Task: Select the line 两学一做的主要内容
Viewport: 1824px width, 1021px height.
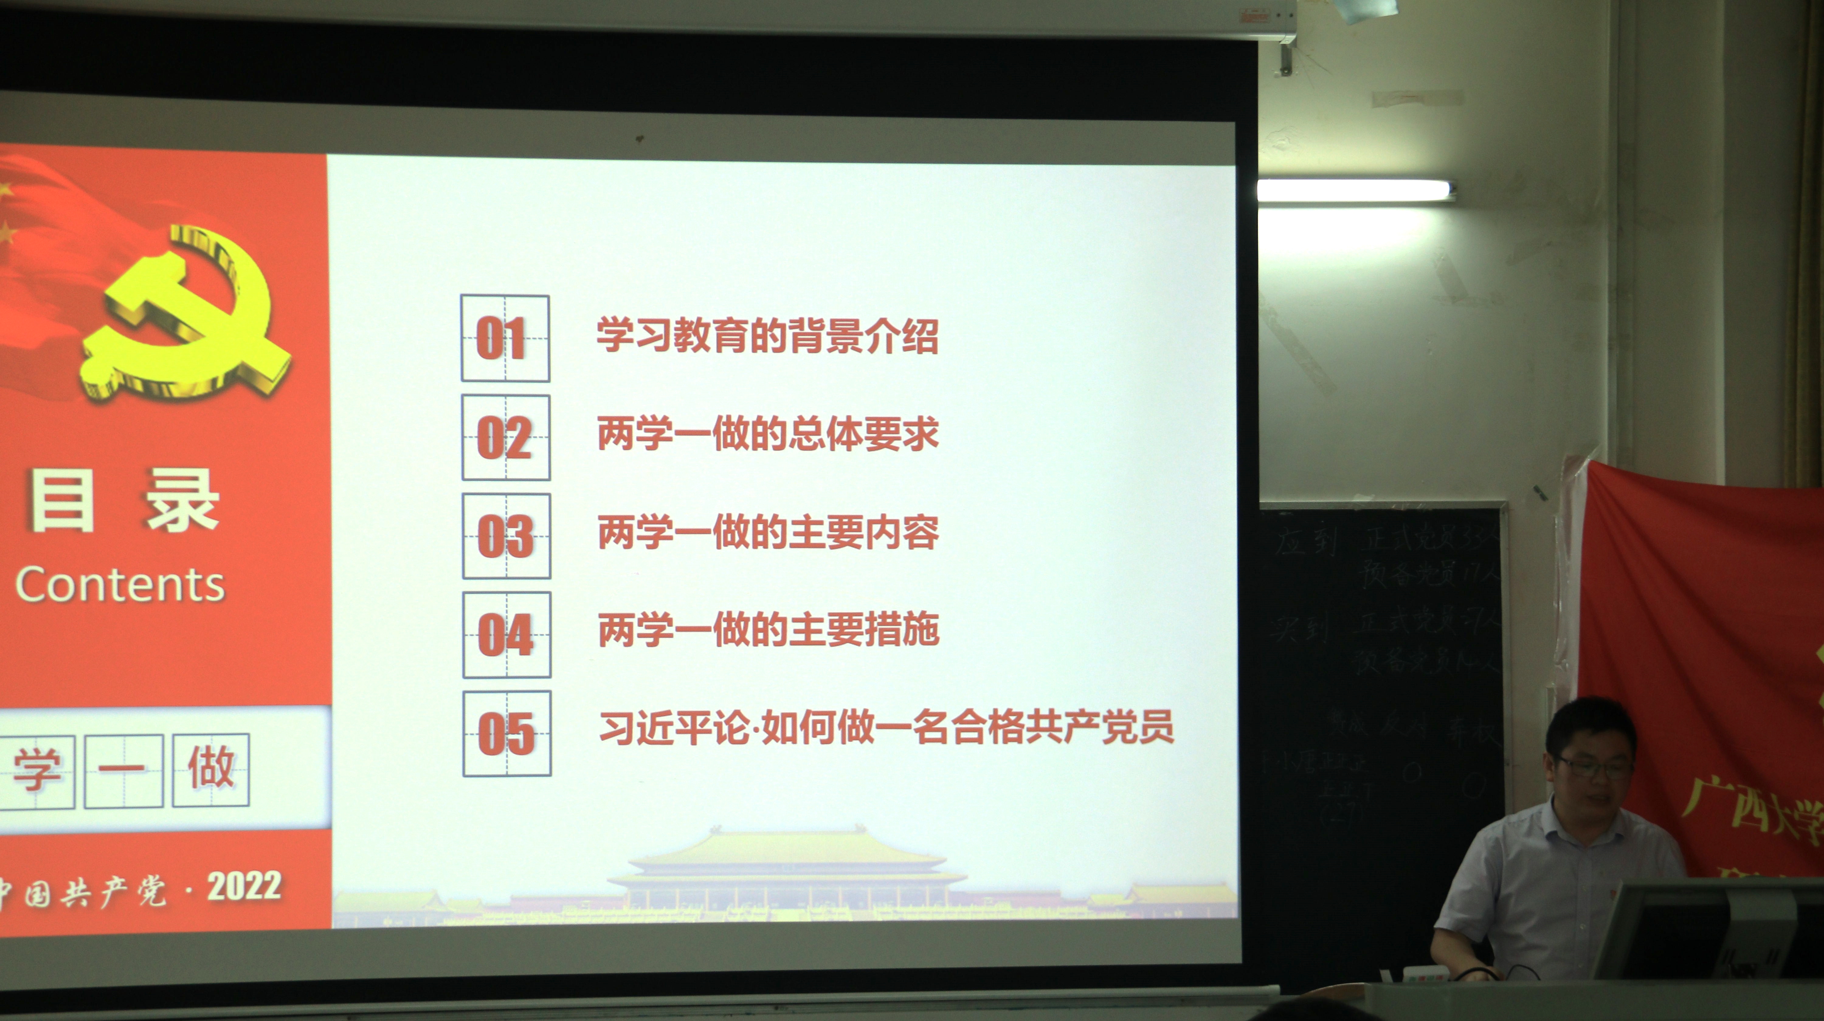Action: pyautogui.click(x=768, y=533)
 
